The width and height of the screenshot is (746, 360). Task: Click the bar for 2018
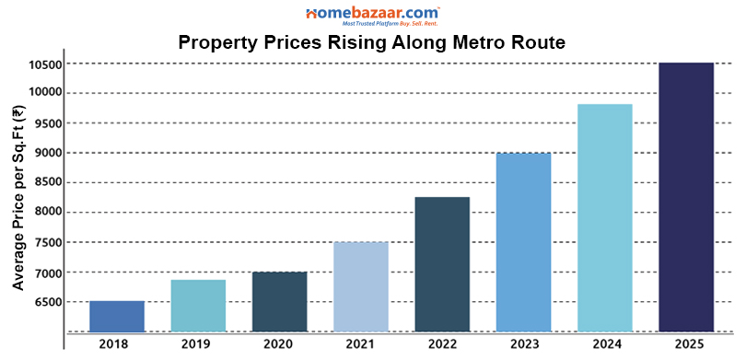(117, 316)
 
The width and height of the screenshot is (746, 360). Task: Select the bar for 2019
(198, 306)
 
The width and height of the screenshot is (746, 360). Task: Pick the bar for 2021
(361, 286)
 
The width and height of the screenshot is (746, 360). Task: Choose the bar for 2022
(442, 264)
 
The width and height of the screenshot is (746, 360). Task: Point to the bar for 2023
(523, 242)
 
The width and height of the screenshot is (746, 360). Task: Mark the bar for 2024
(605, 217)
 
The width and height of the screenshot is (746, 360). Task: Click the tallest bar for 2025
(686, 197)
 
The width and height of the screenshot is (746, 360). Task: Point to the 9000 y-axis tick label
(47, 153)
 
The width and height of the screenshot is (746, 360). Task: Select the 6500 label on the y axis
(47, 302)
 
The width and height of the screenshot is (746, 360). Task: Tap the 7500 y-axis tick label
(47, 243)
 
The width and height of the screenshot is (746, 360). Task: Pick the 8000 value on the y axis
(47, 212)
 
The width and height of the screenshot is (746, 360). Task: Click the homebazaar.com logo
(373, 15)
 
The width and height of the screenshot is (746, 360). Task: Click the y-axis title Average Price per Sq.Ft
(17, 198)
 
